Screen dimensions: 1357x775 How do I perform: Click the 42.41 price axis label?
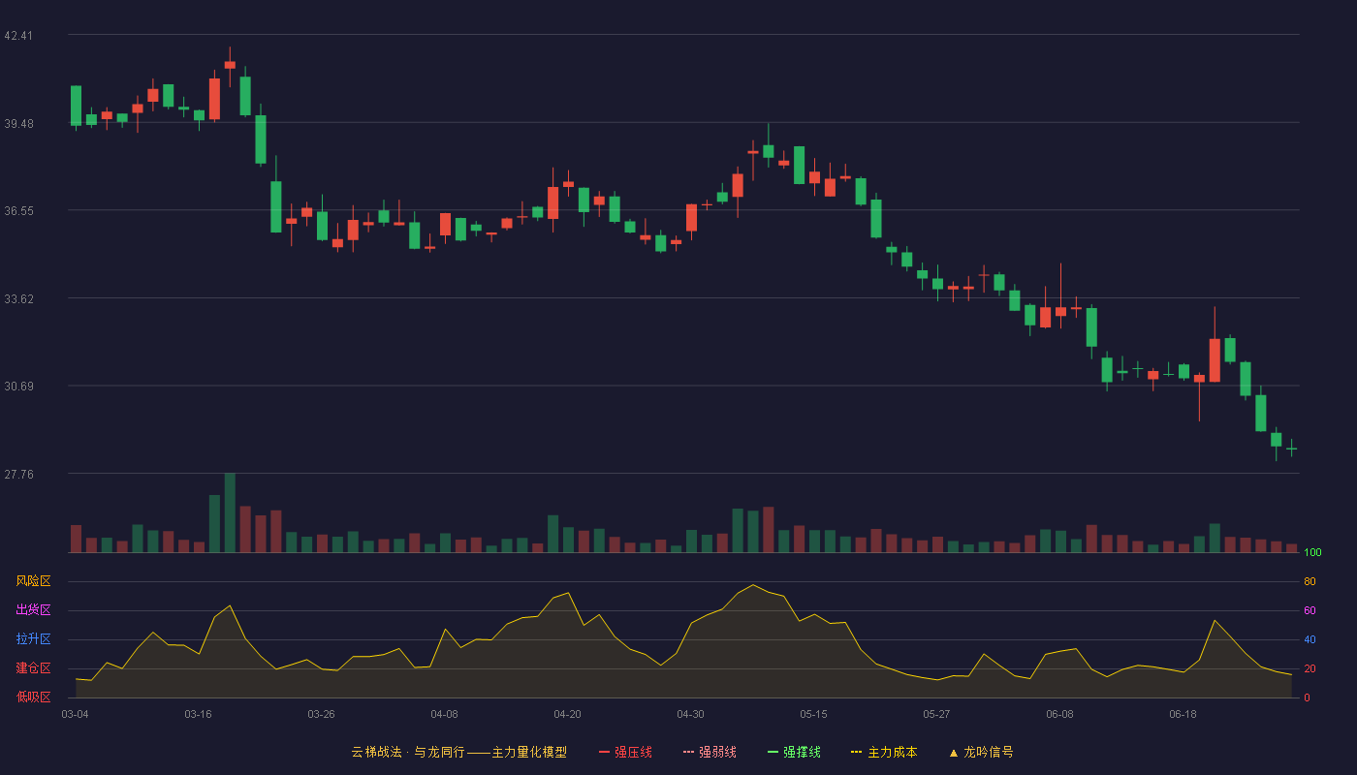click(x=18, y=36)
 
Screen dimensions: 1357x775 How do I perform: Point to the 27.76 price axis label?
click(x=18, y=474)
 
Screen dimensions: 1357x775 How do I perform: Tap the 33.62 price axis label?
click(x=18, y=299)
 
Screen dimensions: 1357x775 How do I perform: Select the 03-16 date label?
click(x=198, y=715)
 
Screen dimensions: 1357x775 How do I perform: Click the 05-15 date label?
click(x=813, y=715)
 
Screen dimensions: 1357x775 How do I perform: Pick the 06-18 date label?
click(x=1183, y=715)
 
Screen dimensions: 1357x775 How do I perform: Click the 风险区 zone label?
click(x=33, y=581)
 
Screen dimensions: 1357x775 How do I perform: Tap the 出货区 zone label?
click(x=33, y=609)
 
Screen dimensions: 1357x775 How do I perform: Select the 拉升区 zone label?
click(x=33, y=638)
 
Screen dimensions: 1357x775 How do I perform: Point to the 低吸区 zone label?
click(x=33, y=697)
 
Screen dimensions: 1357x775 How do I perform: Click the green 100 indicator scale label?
click(x=1312, y=552)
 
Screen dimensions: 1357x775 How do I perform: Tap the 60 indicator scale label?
click(x=1310, y=610)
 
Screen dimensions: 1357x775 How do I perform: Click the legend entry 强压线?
click(x=625, y=753)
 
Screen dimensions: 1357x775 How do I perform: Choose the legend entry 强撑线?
click(x=794, y=753)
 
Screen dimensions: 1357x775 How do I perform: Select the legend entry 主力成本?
click(x=884, y=753)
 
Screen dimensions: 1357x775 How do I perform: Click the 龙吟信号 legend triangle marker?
click(x=954, y=754)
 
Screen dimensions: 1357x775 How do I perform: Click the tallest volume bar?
click(x=231, y=512)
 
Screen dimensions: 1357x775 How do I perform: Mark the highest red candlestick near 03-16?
click(x=231, y=66)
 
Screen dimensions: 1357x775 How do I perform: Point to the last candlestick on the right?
click(x=1291, y=449)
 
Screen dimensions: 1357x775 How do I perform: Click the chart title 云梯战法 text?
click(x=377, y=753)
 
